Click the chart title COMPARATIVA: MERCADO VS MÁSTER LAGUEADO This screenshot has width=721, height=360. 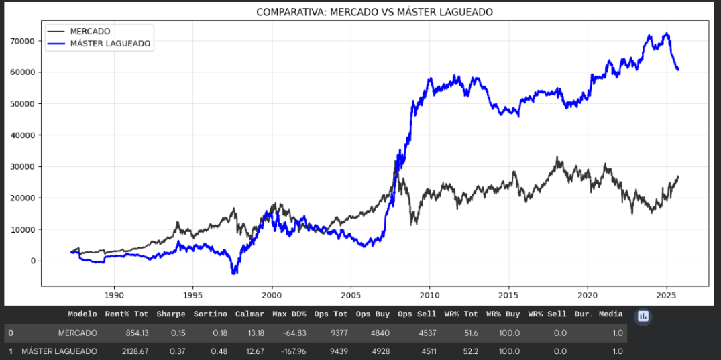click(374, 13)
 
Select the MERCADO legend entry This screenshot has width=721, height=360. click(90, 31)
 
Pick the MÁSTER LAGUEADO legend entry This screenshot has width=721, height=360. click(110, 44)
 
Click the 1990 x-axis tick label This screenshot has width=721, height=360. click(114, 295)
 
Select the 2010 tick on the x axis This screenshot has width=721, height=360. click(429, 295)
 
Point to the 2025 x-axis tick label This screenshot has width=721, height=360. click(666, 295)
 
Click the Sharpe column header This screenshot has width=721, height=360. click(171, 314)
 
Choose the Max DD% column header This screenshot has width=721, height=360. click(289, 314)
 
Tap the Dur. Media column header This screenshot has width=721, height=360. click(599, 314)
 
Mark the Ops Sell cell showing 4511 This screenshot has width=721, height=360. click(425, 351)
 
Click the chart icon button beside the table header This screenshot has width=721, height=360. click(643, 316)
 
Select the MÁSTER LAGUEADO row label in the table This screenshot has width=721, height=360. click(60, 351)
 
